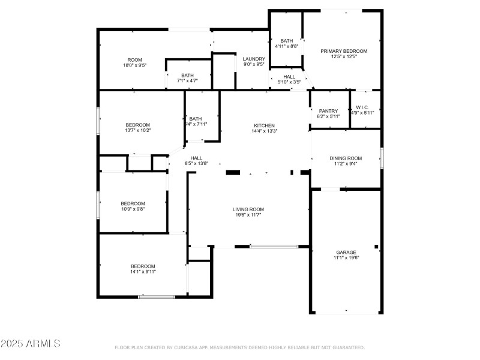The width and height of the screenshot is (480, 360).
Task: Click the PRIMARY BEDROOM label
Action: (x=344, y=51)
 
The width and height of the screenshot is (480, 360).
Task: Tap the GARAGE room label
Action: (x=346, y=252)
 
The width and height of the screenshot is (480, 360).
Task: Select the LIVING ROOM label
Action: (x=248, y=209)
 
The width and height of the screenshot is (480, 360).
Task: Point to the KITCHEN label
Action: (x=265, y=125)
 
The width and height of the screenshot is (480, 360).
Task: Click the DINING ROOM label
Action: (x=346, y=158)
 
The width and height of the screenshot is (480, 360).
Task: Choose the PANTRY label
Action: (x=328, y=110)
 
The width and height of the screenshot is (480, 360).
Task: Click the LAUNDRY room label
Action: (x=254, y=59)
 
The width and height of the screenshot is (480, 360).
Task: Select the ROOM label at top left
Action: (x=134, y=59)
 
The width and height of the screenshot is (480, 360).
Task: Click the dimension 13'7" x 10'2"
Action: (x=137, y=130)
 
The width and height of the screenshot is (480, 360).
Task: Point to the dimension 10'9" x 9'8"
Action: (x=133, y=209)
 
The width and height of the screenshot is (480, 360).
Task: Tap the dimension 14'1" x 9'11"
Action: (x=143, y=272)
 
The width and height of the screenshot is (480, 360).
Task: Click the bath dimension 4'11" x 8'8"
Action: (x=287, y=46)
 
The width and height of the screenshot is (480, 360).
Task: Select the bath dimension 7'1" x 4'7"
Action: (x=187, y=80)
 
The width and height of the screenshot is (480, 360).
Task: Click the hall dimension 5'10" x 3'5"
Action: (x=289, y=82)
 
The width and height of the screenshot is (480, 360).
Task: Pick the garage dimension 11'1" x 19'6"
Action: (x=346, y=257)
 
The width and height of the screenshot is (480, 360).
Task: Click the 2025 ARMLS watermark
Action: (x=30, y=344)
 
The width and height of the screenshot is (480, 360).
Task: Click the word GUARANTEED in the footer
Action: (x=347, y=347)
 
